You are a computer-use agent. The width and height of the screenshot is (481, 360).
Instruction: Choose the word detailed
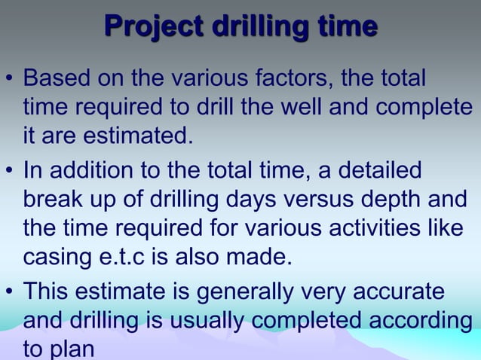coord(383,169)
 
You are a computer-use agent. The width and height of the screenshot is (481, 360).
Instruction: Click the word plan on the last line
coord(75,349)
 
